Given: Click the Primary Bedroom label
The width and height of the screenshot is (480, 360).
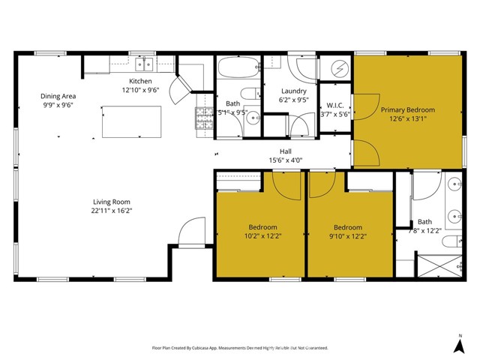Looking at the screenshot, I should [407, 109].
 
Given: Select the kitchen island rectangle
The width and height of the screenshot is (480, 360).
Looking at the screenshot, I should [132, 121].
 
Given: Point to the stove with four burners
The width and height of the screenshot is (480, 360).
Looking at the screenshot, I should [205, 117].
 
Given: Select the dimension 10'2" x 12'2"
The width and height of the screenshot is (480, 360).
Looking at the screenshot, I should [262, 236].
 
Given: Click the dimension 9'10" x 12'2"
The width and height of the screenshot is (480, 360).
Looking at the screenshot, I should [348, 236].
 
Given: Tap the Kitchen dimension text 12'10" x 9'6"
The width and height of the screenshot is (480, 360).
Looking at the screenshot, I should [140, 90].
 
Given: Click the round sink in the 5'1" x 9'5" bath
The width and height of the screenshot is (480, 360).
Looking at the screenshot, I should [253, 117].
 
